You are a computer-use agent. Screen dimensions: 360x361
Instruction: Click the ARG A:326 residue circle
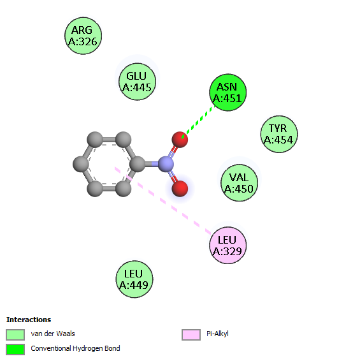[83, 36]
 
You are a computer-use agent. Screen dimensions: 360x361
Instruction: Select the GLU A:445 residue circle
[137, 82]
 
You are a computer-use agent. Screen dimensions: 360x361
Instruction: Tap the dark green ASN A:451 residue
[227, 92]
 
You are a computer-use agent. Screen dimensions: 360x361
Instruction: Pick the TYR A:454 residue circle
[279, 134]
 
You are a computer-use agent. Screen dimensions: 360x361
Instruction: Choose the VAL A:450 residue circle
[239, 183]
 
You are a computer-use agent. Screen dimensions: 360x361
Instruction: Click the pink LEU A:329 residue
[227, 245]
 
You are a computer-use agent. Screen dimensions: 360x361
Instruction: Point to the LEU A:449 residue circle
[134, 279]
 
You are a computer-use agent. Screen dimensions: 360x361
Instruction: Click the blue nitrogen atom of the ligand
[166, 164]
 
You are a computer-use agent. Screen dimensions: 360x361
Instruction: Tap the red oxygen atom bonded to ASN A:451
[180, 140]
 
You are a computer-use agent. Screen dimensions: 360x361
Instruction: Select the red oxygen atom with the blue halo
[180, 189]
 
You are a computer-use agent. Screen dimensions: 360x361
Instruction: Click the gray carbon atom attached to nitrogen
[138, 164]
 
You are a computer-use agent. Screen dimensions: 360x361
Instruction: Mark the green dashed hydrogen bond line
[198, 122]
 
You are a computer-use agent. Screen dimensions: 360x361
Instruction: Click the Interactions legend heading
[29, 320]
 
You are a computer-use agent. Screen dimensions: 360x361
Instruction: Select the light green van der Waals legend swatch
[15, 334]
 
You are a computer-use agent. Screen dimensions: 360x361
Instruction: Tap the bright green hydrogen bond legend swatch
[15, 350]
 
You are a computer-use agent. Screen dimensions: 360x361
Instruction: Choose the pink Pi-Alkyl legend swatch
[191, 334]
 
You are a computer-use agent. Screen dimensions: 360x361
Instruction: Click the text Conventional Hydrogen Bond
[75, 348]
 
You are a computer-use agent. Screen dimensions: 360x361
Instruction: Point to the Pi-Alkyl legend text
[217, 334]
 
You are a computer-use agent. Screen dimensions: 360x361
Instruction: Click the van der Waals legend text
[53, 334]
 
